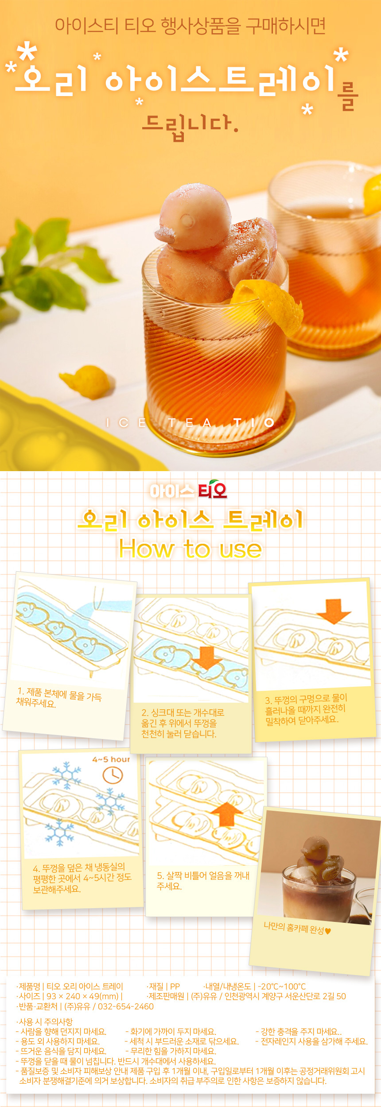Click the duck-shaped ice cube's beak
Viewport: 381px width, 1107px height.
(x=165, y=233)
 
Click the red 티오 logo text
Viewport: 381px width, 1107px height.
(x=213, y=490)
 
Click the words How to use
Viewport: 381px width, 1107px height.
(x=190, y=550)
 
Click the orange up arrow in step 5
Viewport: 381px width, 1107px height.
(x=227, y=814)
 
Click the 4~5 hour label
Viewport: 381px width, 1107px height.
(x=111, y=759)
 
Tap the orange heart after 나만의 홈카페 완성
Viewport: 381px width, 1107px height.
(x=328, y=931)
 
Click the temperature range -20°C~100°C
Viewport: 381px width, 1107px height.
(x=282, y=987)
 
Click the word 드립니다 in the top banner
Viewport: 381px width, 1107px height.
(x=190, y=126)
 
